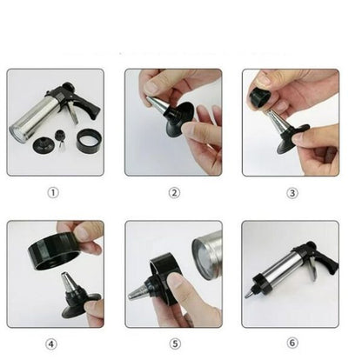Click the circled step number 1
point(54,193)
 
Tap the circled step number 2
point(173,193)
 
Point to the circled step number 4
point(54,343)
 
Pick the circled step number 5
point(173,343)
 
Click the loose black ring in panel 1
point(88,141)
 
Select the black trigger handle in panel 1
point(85,108)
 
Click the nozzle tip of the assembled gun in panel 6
point(251,295)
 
